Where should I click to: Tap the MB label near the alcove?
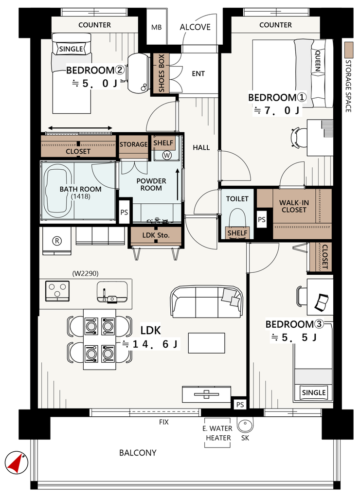tap(156, 27)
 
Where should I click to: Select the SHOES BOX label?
tap(161, 73)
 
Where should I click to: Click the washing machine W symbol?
tap(166, 155)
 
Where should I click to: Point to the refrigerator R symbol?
tap(57, 241)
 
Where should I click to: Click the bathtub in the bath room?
tap(57, 192)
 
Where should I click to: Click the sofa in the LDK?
tap(207, 302)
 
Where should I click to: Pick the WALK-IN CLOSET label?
tap(294, 206)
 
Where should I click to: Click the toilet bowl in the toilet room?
tap(237, 218)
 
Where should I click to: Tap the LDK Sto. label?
tap(156, 235)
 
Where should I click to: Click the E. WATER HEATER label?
tap(217, 433)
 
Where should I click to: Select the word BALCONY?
tap(138, 453)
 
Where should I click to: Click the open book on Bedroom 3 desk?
tap(322, 302)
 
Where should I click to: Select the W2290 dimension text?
tap(85, 273)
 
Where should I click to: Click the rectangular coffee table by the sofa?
tap(206, 343)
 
